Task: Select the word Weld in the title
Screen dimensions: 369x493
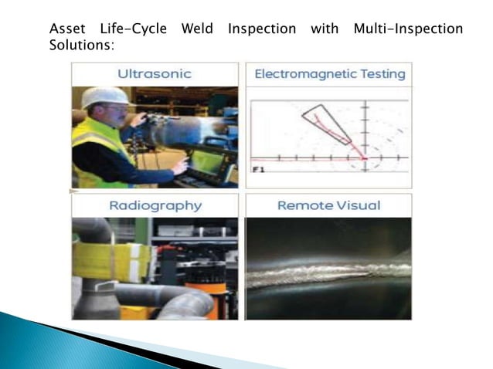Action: (x=197, y=29)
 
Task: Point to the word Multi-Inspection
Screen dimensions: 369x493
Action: (x=407, y=29)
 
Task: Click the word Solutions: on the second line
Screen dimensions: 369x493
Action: (x=81, y=46)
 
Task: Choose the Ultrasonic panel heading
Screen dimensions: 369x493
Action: (x=155, y=74)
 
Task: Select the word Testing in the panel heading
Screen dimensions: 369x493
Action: (x=378, y=74)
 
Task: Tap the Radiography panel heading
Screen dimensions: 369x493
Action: (x=155, y=205)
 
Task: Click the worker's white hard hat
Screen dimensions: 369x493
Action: (x=105, y=96)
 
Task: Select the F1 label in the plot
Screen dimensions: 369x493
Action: (x=258, y=168)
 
